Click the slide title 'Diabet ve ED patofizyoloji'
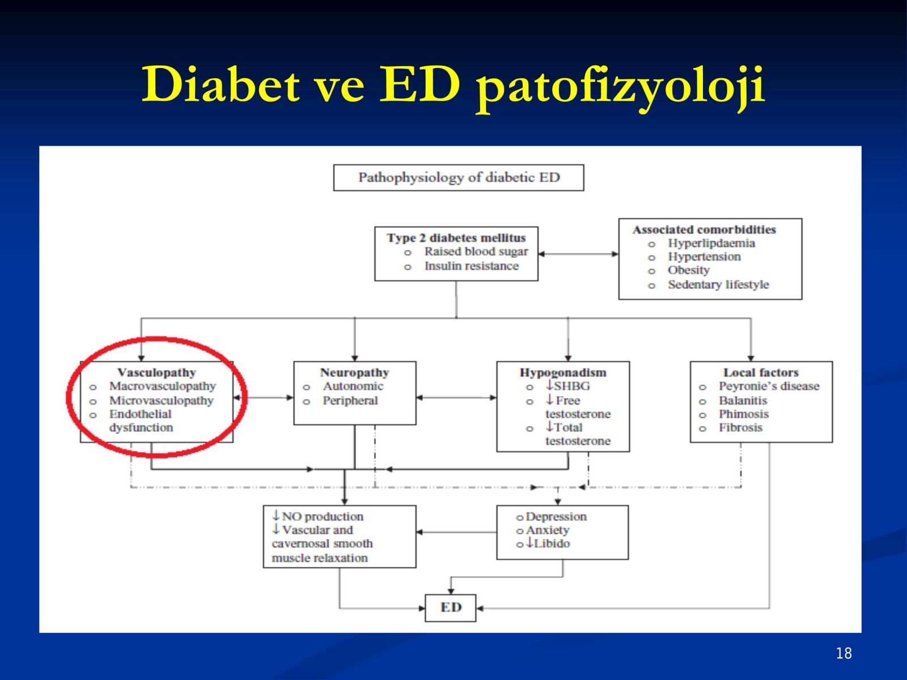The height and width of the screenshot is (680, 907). [453, 86]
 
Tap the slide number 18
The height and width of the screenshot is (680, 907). [844, 653]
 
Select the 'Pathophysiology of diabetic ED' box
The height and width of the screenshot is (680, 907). [459, 177]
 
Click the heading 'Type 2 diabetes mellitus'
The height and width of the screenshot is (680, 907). [456, 238]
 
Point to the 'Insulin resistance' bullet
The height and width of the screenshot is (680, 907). [472, 266]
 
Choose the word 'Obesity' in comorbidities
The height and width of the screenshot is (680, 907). [689, 270]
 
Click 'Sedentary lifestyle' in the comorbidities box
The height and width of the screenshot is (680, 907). [719, 284]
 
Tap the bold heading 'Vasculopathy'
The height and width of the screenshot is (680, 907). [156, 373]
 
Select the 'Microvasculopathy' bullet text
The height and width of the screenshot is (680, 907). [162, 401]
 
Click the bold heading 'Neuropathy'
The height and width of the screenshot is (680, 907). [354, 373]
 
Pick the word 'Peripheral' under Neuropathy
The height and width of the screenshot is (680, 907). [350, 401]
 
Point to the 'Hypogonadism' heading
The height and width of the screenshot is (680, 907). [563, 373]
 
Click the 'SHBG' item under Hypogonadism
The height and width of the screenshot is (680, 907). [572, 386]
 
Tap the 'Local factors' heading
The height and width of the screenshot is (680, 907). [761, 372]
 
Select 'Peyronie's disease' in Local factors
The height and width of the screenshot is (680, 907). [769, 386]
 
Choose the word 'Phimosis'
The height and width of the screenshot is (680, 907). [744, 414]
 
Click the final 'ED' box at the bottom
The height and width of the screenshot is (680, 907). [451, 607]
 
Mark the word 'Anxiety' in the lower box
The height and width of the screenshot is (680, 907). [548, 530]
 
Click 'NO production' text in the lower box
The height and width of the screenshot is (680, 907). [323, 516]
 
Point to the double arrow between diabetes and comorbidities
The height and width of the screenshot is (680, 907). [579, 254]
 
